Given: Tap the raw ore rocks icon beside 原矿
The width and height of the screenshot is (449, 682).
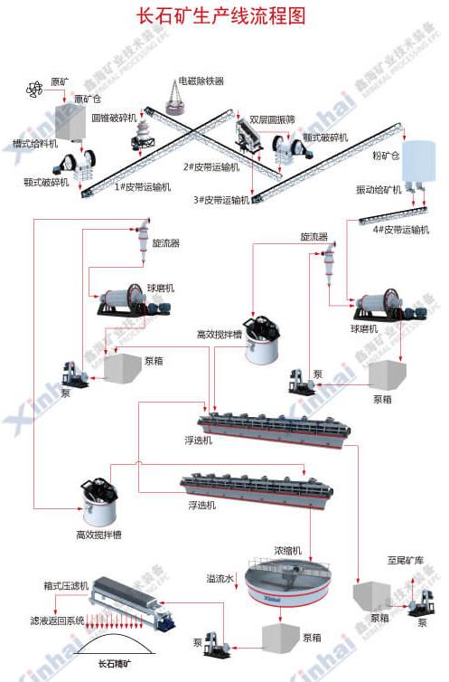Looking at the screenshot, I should [x=35, y=88].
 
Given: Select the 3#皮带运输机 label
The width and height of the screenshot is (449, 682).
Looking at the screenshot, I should [x=221, y=200].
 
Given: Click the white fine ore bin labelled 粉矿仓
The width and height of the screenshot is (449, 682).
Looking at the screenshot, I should [x=416, y=161].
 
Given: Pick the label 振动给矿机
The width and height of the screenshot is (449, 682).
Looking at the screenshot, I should [x=379, y=190].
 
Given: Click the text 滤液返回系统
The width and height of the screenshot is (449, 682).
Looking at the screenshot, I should [x=56, y=620].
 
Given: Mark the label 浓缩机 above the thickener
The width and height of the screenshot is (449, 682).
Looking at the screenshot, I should [x=287, y=550].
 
